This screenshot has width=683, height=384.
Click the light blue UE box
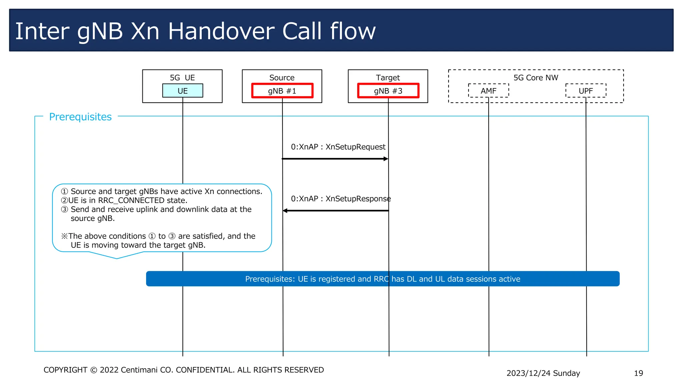pyautogui.click(x=182, y=91)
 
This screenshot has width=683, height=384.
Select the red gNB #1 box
pyautogui.click(x=282, y=91)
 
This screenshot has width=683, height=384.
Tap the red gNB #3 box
pyautogui.click(x=388, y=91)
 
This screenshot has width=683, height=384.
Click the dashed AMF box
pyautogui.click(x=488, y=91)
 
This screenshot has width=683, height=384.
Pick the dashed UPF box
pyautogui.click(x=586, y=91)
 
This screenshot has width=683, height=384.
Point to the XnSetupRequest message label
pyautogui.click(x=338, y=147)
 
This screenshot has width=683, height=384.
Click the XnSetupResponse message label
pyautogui.click(x=340, y=199)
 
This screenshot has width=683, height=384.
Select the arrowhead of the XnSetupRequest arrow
pyautogui.click(x=386, y=159)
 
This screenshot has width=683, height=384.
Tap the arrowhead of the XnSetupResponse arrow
pyautogui.click(x=285, y=211)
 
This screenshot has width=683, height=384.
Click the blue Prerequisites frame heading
pyautogui.click(x=80, y=117)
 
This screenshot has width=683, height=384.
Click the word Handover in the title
pyautogui.click(x=221, y=31)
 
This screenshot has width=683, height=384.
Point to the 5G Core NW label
pyautogui.click(x=536, y=78)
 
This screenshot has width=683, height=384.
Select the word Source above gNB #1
pyautogui.click(x=282, y=78)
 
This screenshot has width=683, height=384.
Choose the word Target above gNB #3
pyautogui.click(x=388, y=78)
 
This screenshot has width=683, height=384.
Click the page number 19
pyautogui.click(x=638, y=373)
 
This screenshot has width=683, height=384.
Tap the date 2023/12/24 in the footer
pyautogui.click(x=529, y=373)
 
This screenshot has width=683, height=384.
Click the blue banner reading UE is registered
pyautogui.click(x=383, y=279)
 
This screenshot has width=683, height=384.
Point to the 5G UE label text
pyautogui.click(x=182, y=78)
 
